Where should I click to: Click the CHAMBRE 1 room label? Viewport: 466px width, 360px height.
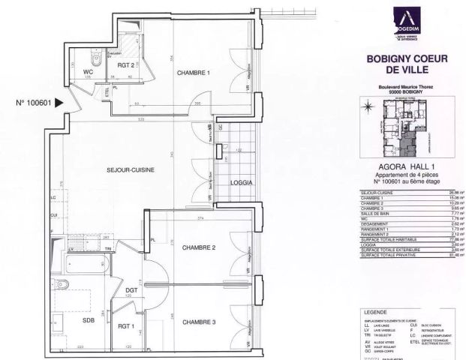point(193,73)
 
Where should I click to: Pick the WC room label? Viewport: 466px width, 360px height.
point(86,73)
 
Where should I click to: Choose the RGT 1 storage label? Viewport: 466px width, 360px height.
point(125,326)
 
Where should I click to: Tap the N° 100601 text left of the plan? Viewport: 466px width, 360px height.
point(33,104)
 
